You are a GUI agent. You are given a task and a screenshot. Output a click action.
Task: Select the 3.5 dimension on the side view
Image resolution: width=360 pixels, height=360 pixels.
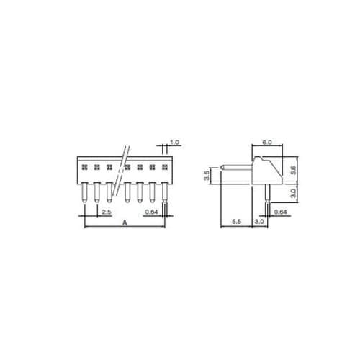(x=206, y=175)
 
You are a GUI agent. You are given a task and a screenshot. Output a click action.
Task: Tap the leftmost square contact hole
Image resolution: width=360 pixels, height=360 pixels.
(x=84, y=167)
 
